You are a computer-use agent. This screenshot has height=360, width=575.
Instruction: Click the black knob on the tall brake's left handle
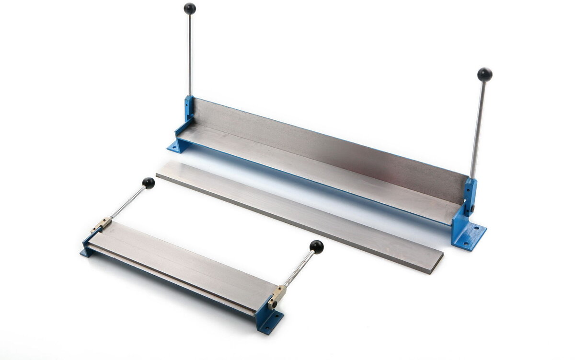coord(190,8)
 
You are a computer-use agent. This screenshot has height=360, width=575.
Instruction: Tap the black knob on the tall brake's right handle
coord(484,74)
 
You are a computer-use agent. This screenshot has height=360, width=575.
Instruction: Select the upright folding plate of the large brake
coord(326,144)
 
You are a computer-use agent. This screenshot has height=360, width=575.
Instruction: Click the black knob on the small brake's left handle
coord(149,183)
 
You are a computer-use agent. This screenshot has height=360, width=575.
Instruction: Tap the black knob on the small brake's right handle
coord(316,247)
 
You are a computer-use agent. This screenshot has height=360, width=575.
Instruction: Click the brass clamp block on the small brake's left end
coord(101,224)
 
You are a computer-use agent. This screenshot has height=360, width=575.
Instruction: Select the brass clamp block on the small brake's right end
coord(276,296)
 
